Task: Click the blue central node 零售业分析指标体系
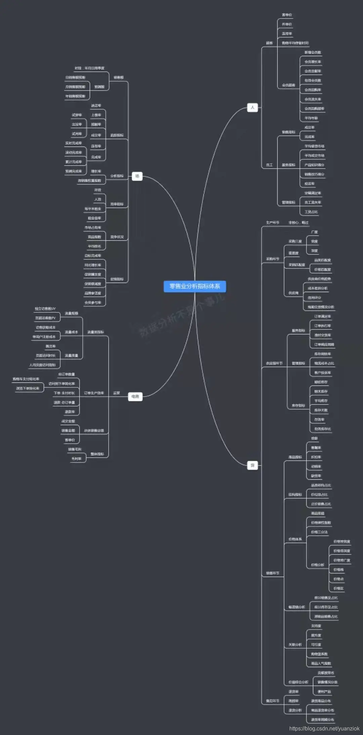(x=195, y=286)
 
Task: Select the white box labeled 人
(x=252, y=108)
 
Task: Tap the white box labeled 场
(x=137, y=176)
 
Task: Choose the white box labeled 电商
(x=135, y=397)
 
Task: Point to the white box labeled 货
(x=252, y=465)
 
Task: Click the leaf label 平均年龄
(x=311, y=118)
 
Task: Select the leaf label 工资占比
(x=311, y=212)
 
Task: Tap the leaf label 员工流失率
(x=313, y=203)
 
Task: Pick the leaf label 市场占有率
(x=93, y=228)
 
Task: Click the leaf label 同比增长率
(x=93, y=265)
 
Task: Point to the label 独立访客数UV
(x=45, y=309)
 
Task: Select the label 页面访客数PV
(x=45, y=318)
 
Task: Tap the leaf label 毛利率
(x=76, y=459)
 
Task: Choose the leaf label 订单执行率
(x=322, y=326)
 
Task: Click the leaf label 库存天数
(x=321, y=410)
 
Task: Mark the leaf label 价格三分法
(x=319, y=532)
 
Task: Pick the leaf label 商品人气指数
(x=321, y=663)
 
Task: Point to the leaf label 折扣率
(x=316, y=457)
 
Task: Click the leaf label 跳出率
(x=51, y=346)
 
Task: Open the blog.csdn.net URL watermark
(x=324, y=729)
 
